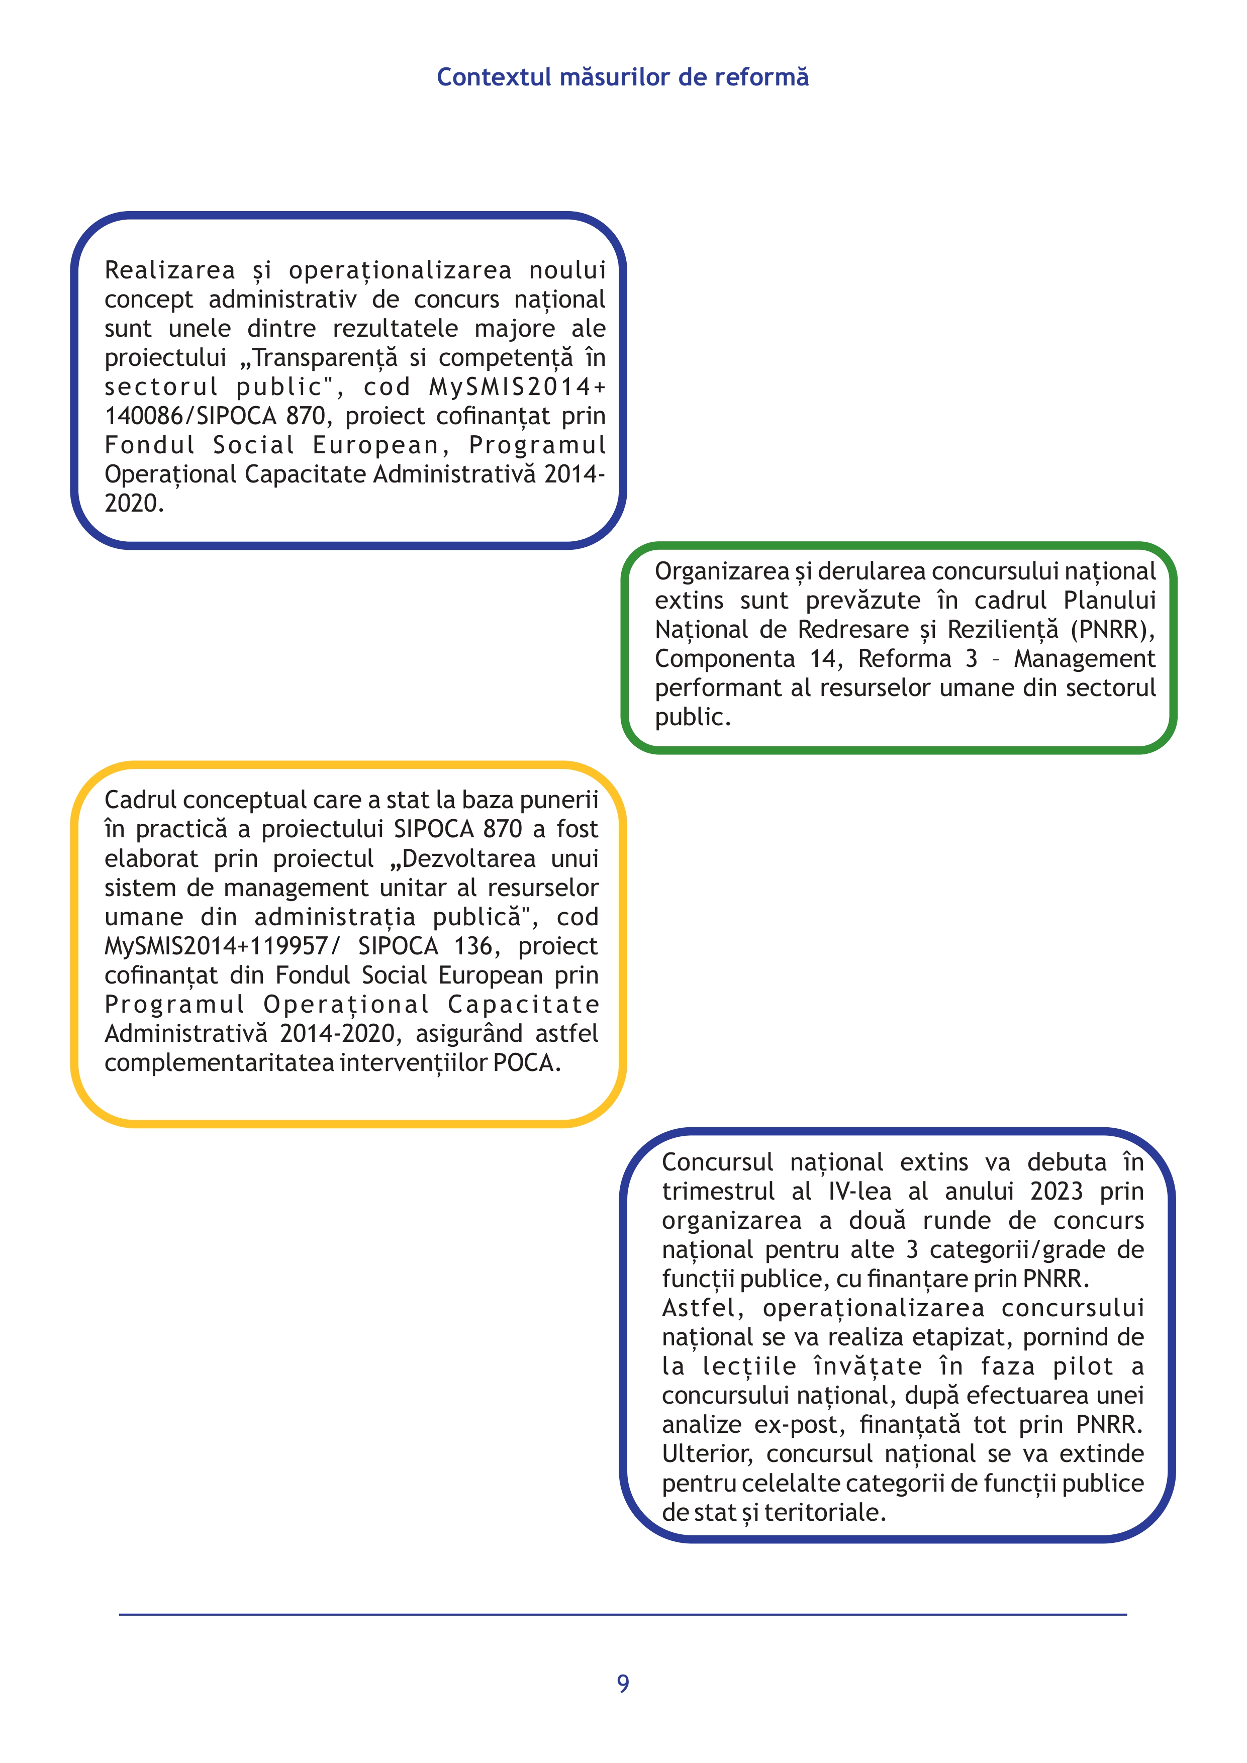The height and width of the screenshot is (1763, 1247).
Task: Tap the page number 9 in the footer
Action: pos(623,1683)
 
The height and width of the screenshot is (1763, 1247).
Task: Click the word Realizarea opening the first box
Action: pos(170,270)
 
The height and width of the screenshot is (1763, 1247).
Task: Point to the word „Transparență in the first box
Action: pos(324,358)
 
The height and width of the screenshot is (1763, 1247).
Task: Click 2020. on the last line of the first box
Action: pos(134,504)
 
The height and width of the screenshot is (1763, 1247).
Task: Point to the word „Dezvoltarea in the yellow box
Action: pos(462,858)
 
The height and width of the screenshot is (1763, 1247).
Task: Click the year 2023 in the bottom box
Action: pos(1056,1192)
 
